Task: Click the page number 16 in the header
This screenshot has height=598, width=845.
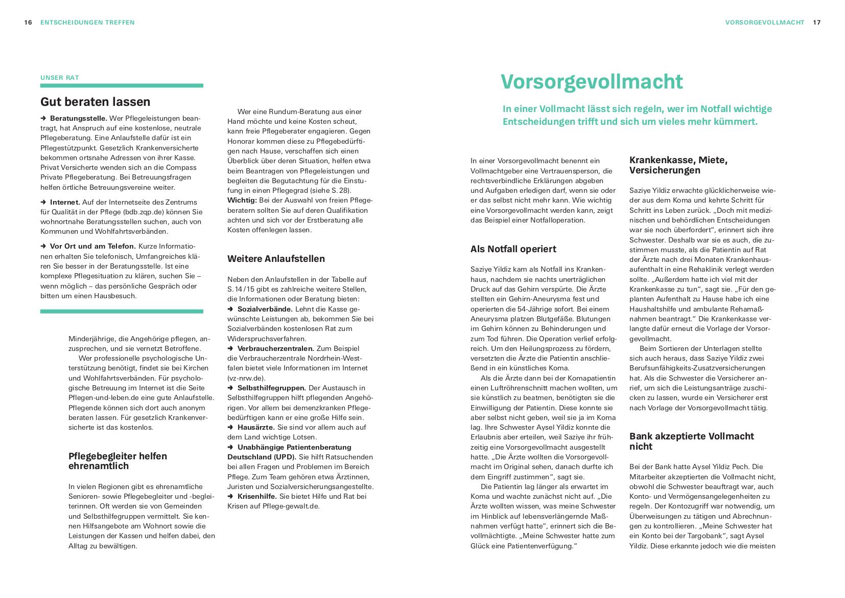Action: [x=28, y=23]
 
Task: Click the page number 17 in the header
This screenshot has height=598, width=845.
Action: [x=817, y=23]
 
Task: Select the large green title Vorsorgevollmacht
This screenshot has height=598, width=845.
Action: [x=591, y=82]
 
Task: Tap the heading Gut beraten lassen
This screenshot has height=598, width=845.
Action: [x=96, y=102]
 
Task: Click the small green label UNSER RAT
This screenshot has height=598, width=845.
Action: [x=60, y=78]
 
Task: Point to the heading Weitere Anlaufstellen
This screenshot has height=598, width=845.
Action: [x=276, y=259]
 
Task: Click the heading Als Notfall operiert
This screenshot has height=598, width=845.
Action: [x=513, y=249]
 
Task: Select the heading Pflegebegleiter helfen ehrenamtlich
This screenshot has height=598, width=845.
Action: [x=118, y=461]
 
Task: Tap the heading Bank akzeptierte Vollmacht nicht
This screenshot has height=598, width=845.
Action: [x=691, y=441]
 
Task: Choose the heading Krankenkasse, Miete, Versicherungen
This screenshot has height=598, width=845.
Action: [x=678, y=165]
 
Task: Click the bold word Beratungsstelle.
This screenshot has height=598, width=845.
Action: [x=79, y=118]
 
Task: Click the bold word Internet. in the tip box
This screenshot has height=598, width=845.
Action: [x=65, y=202]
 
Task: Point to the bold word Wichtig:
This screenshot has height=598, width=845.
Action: [x=242, y=201]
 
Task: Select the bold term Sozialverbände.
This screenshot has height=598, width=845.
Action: [x=265, y=309]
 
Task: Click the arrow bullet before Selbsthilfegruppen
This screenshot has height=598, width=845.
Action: [x=230, y=388]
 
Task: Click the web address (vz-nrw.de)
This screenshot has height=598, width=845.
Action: [x=246, y=378]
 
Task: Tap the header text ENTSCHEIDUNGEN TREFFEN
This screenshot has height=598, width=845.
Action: [x=87, y=23]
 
